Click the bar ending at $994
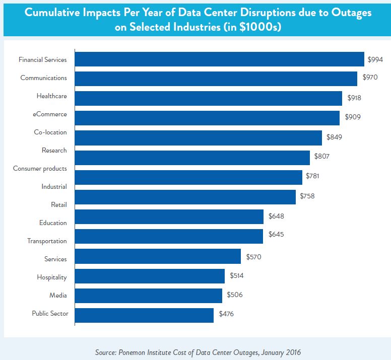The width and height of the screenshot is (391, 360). click(219, 59)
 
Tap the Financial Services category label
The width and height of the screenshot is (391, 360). click(42, 60)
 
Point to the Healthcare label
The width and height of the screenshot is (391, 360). click(51, 96)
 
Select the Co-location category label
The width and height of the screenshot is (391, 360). click(50, 132)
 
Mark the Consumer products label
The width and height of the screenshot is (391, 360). click(40, 169)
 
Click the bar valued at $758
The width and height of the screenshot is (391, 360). click(185, 196)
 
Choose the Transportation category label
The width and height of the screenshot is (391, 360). click(47, 241)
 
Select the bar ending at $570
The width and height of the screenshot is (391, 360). click(158, 256)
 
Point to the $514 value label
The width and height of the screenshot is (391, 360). click(237, 276)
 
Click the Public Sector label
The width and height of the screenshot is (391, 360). click(50, 314)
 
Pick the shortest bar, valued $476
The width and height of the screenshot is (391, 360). click(144, 315)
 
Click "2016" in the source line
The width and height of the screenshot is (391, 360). click(294, 351)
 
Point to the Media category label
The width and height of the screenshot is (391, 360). click(58, 296)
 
